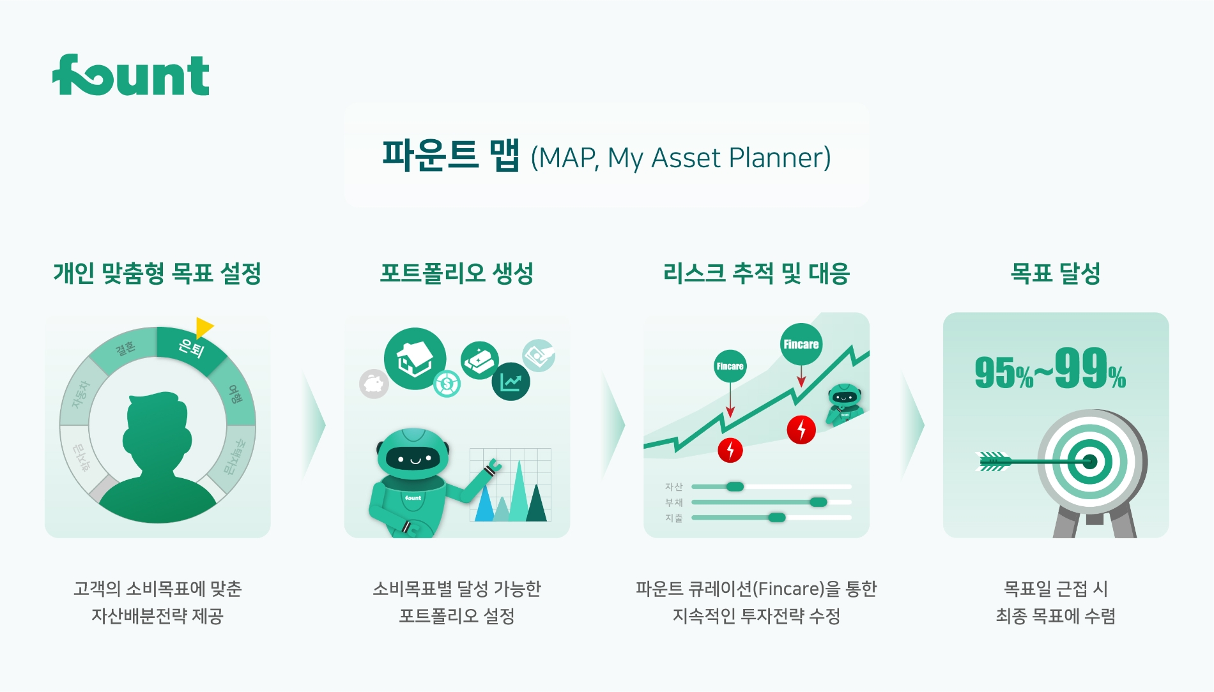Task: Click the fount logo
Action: click(x=131, y=75)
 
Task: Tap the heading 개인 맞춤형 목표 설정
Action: click(x=157, y=273)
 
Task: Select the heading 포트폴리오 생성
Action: click(x=456, y=273)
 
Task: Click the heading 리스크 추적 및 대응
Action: click(x=756, y=273)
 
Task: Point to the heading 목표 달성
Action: click(x=1055, y=273)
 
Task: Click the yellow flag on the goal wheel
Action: click(x=203, y=326)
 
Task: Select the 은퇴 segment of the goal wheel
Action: click(x=191, y=348)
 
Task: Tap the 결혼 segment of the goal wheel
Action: click(x=125, y=348)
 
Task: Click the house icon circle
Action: click(x=415, y=358)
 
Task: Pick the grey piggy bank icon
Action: click(x=374, y=384)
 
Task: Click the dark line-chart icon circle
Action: click(x=511, y=382)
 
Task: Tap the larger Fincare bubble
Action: click(x=801, y=344)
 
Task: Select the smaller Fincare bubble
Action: click(x=730, y=366)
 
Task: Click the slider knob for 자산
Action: click(x=735, y=486)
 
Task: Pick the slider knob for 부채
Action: click(x=818, y=502)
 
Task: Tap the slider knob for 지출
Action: click(x=776, y=517)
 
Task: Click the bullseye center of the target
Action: click(x=1089, y=461)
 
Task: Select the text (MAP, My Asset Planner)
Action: click(x=680, y=158)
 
